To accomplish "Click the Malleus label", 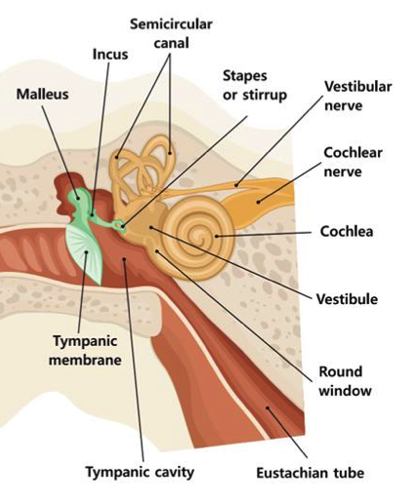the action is (x=43, y=95).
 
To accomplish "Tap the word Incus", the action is (x=110, y=55).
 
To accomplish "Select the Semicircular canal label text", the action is (x=171, y=33).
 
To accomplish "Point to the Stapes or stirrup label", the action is (x=255, y=86).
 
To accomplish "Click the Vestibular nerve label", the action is (x=358, y=96).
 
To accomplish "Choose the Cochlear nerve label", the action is (x=353, y=162).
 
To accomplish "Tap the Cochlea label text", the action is (x=347, y=232).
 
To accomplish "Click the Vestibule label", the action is (x=347, y=299).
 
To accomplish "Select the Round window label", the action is (x=345, y=381).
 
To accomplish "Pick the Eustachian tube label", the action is (x=310, y=473).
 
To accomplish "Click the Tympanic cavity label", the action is (x=140, y=472).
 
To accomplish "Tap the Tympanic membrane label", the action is (x=85, y=350).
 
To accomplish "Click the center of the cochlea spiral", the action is (x=197, y=236).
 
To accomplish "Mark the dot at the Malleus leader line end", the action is (x=77, y=198).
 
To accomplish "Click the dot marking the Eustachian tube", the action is (x=268, y=408).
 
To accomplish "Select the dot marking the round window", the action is (x=157, y=251).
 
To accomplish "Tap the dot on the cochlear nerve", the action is (x=258, y=202).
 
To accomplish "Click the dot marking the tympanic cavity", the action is (x=124, y=259).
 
